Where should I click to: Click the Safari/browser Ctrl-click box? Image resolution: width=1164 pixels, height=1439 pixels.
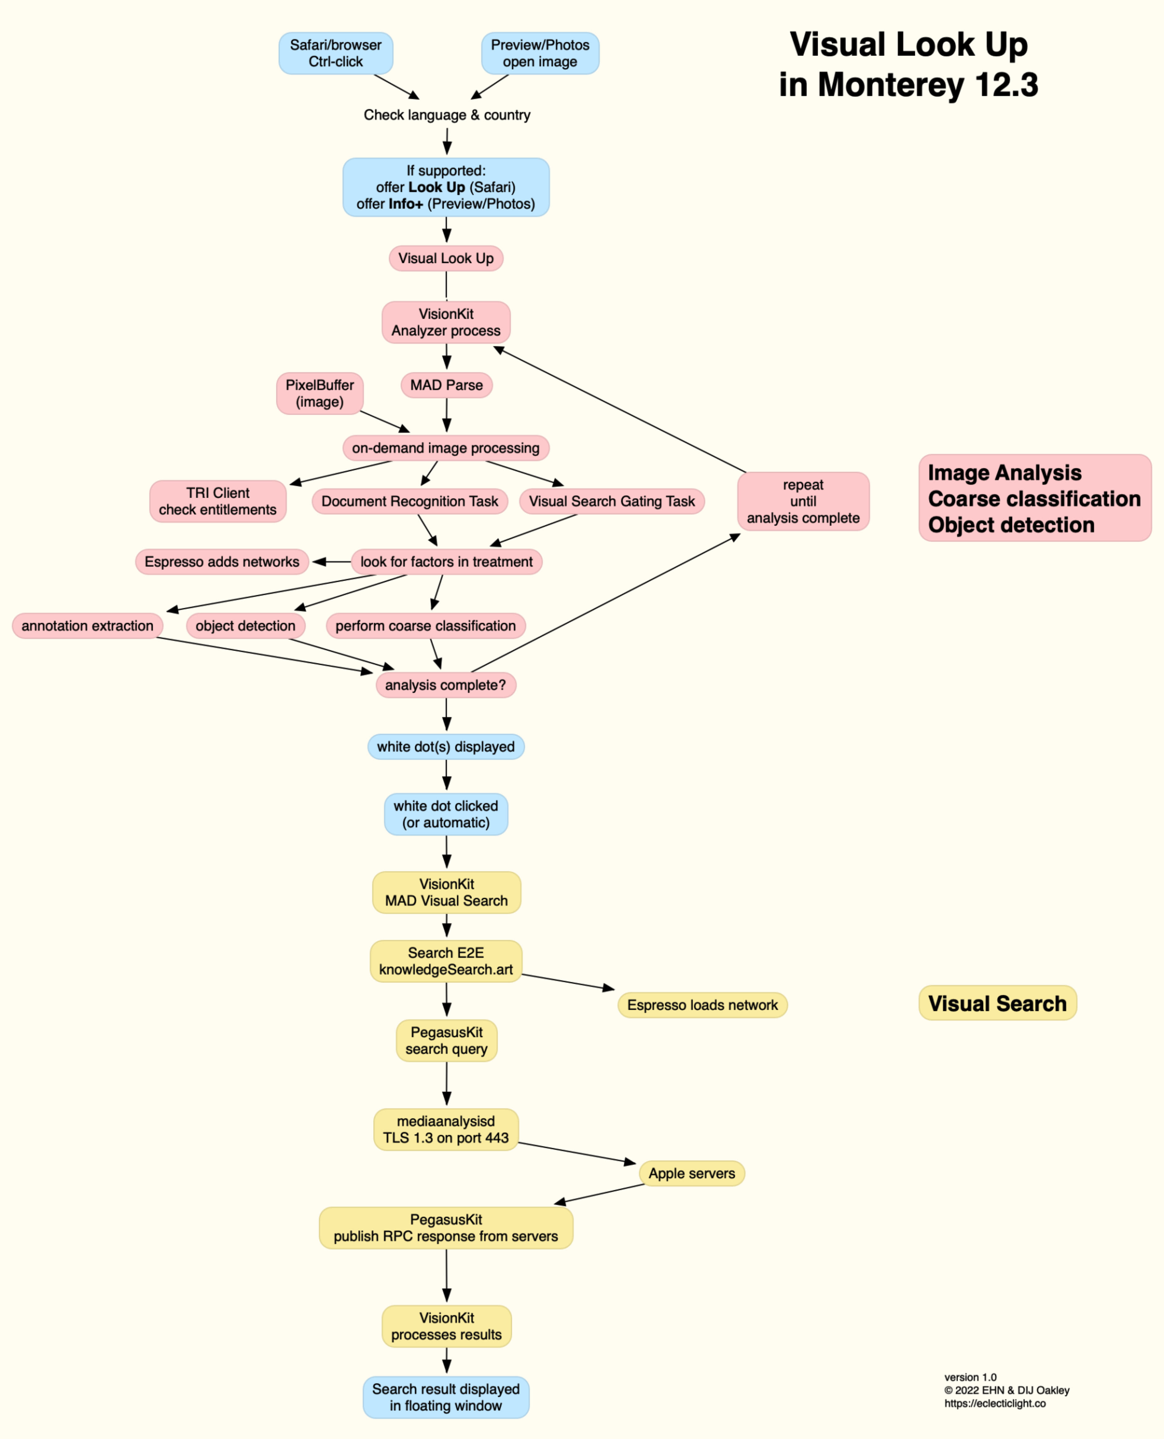(x=335, y=53)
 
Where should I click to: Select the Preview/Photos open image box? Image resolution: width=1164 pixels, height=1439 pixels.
(x=540, y=53)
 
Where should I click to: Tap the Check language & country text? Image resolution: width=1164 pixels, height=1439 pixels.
(x=446, y=115)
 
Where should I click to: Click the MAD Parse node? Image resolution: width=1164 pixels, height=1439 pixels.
(x=446, y=385)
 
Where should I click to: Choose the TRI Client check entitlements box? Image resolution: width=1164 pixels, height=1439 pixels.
(x=218, y=501)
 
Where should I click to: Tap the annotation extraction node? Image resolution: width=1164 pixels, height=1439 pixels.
(x=87, y=626)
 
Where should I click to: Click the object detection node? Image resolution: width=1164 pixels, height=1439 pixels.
(x=245, y=626)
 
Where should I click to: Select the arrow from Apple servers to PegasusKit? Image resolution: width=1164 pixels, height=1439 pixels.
(x=599, y=1193)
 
